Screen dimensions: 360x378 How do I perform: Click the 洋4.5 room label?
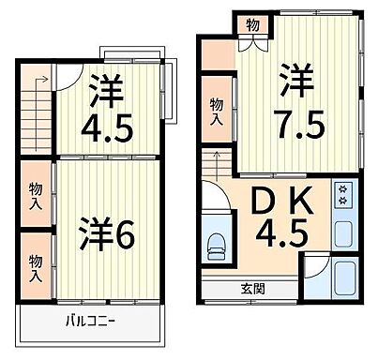click(x=107, y=110)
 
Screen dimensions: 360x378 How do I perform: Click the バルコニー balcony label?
click(x=90, y=322)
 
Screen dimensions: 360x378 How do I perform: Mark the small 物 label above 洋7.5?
click(x=252, y=24)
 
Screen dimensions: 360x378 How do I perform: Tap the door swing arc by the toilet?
click(x=214, y=200)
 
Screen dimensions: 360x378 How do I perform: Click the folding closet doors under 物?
click(x=252, y=43)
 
